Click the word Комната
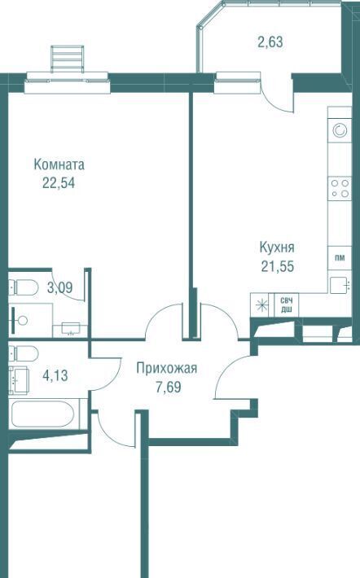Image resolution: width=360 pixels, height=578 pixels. click(x=59, y=164)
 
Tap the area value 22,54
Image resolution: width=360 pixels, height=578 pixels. click(x=59, y=182)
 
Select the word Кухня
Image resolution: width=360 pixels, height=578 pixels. click(x=277, y=247)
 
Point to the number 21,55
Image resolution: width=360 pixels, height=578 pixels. click(x=278, y=266)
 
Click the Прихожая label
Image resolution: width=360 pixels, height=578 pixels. click(x=167, y=368)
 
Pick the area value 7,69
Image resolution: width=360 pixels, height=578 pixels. click(x=169, y=387)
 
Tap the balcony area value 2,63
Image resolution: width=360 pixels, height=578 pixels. click(x=270, y=42)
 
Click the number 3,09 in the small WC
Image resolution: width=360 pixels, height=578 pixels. click(x=59, y=287)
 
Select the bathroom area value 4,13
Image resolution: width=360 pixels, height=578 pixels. click(x=55, y=376)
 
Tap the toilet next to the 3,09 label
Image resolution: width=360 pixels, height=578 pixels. click(x=24, y=287)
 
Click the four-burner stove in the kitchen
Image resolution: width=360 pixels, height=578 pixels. click(x=340, y=188)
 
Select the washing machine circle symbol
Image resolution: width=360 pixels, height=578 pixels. click(x=340, y=130)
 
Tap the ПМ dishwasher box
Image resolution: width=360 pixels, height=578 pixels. click(x=340, y=258)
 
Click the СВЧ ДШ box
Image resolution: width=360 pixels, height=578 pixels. click(x=287, y=304)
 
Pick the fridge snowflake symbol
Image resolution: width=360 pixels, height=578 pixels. click(x=262, y=304)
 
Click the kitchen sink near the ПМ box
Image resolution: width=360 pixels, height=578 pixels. click(x=340, y=285)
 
